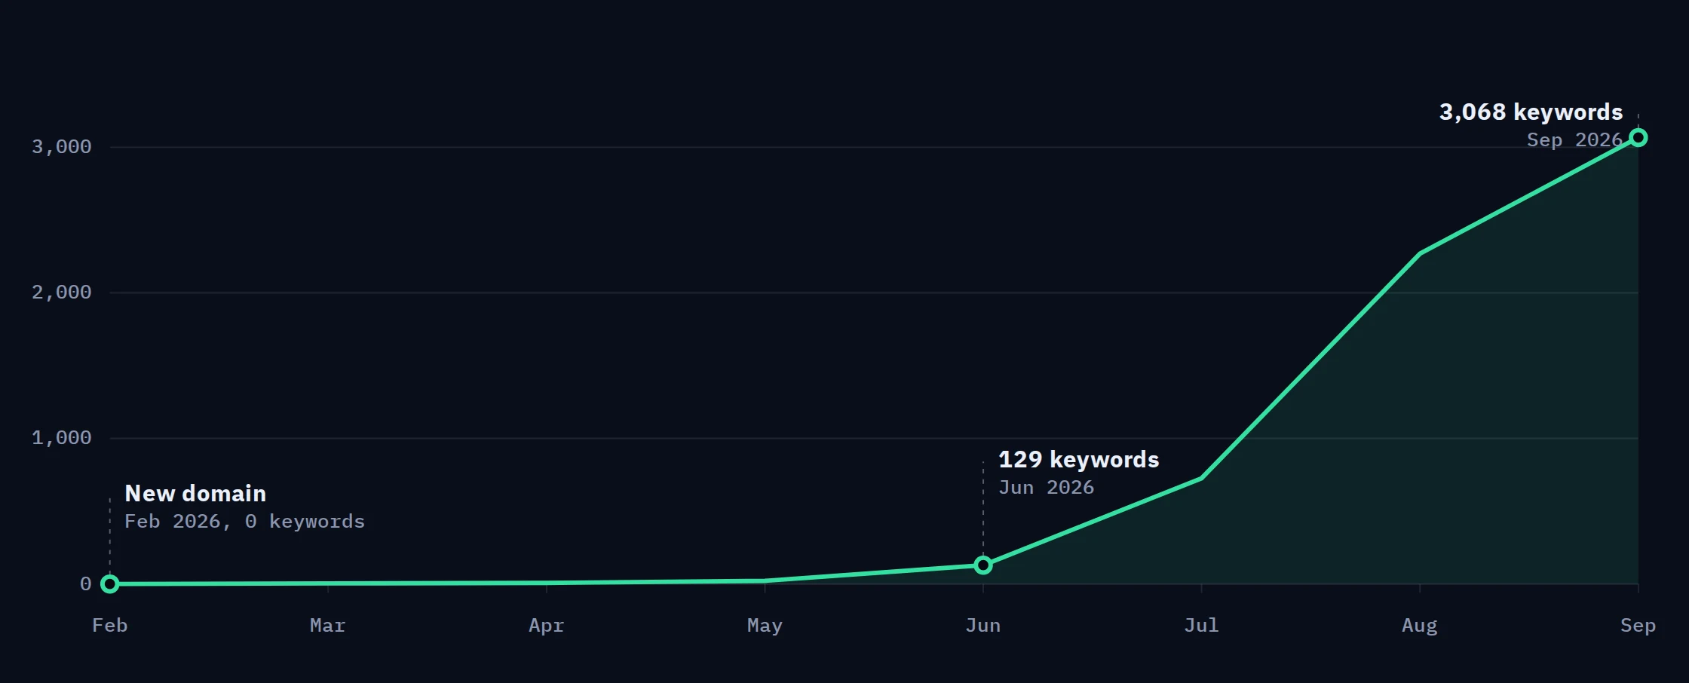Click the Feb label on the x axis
pyautogui.click(x=109, y=626)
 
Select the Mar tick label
pyautogui.click(x=327, y=626)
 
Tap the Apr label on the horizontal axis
pyautogui.click(x=546, y=626)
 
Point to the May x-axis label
pyautogui.click(x=765, y=626)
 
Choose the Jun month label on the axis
pyautogui.click(x=983, y=626)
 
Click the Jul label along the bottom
pyautogui.click(x=1201, y=626)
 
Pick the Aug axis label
pyautogui.click(x=1420, y=626)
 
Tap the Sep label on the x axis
pyautogui.click(x=1638, y=626)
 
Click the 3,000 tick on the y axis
pyautogui.click(x=61, y=147)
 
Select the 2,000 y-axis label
pyautogui.click(x=61, y=292)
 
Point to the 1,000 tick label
pyautogui.click(x=61, y=438)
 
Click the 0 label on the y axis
pyautogui.click(x=85, y=584)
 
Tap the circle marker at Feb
pyautogui.click(x=110, y=584)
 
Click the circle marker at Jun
pyautogui.click(x=983, y=565)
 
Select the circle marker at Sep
pyautogui.click(x=1638, y=137)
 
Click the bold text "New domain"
pyautogui.click(x=195, y=494)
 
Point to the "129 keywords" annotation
pyautogui.click(x=1078, y=460)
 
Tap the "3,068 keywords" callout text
pyautogui.click(x=1531, y=112)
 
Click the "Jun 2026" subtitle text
pyautogui.click(x=1046, y=488)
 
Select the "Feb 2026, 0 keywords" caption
pyautogui.click(x=244, y=522)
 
